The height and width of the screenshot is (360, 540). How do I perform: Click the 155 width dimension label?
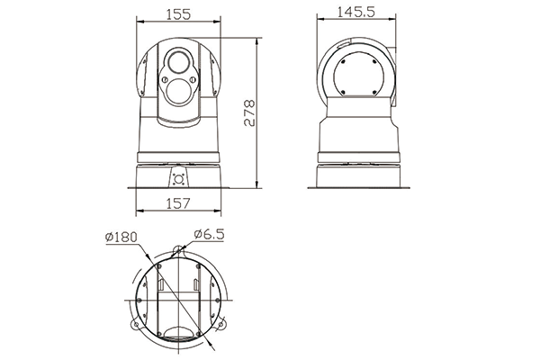pos(178,14)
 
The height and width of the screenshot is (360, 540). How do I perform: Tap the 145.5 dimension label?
pos(355,12)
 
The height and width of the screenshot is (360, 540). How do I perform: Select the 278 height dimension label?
pos(249,113)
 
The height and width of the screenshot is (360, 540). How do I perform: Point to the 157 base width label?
pos(178,203)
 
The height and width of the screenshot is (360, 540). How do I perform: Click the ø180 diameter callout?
pos(121,237)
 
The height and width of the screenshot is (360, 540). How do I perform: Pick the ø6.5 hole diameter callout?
pos(209,234)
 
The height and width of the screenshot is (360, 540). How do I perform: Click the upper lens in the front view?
pos(178,62)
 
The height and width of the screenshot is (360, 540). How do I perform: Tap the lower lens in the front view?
pos(179,91)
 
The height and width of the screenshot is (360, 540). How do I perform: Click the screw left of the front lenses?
pos(165,80)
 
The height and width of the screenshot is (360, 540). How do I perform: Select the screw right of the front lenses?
pos(193,80)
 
